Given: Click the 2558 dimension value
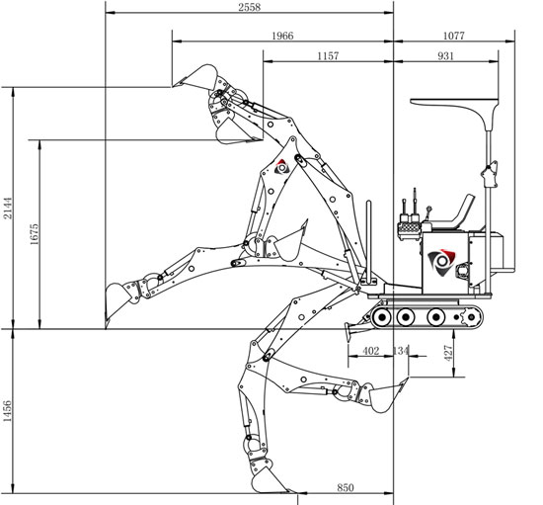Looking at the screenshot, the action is [x=250, y=7].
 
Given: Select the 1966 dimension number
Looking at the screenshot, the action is [x=282, y=36].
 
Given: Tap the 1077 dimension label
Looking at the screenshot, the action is [x=454, y=36].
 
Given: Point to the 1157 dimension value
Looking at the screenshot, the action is [x=328, y=55].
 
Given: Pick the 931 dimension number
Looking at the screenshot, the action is [x=445, y=55].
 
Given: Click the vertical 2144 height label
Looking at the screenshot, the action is [x=8, y=209].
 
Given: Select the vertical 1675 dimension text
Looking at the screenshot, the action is [x=35, y=234].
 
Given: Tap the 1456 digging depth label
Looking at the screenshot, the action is [x=7, y=411].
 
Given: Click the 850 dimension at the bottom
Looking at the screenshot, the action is [x=346, y=487].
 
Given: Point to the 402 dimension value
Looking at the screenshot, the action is [x=371, y=351].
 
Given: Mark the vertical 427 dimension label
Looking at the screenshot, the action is [x=448, y=353].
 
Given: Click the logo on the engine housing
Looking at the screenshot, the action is [x=441, y=262].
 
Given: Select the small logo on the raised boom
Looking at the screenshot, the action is [x=281, y=167].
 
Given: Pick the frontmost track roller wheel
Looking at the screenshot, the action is [x=381, y=317].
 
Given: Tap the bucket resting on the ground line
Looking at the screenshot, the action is [x=116, y=300].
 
